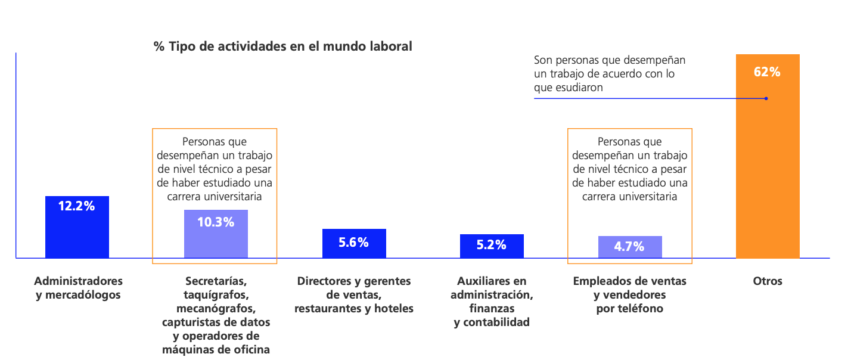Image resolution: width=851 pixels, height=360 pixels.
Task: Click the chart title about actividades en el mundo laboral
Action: point(282,46)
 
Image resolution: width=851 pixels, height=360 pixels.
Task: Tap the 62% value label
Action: point(767,72)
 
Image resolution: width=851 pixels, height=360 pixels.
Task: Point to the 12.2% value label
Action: point(76,206)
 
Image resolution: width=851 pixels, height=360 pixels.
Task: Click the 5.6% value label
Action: point(353,242)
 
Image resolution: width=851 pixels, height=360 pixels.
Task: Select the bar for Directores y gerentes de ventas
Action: point(354,250)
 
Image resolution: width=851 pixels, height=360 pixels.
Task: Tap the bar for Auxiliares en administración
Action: point(492,252)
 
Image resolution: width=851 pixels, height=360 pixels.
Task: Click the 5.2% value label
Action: point(492,244)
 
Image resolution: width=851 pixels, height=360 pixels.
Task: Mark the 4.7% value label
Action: point(630,246)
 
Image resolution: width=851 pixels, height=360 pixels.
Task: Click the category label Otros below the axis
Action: point(768,281)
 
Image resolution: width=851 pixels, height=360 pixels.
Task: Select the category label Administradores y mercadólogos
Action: point(78,287)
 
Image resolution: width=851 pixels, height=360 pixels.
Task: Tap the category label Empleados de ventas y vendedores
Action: point(629,294)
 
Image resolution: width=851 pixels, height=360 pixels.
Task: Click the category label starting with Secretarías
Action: point(216,315)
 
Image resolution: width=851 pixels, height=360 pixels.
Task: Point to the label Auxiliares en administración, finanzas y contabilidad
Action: point(492,301)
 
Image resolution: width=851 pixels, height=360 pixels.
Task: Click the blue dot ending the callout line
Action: point(766,98)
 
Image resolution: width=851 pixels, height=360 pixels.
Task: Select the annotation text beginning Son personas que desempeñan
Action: point(609,73)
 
